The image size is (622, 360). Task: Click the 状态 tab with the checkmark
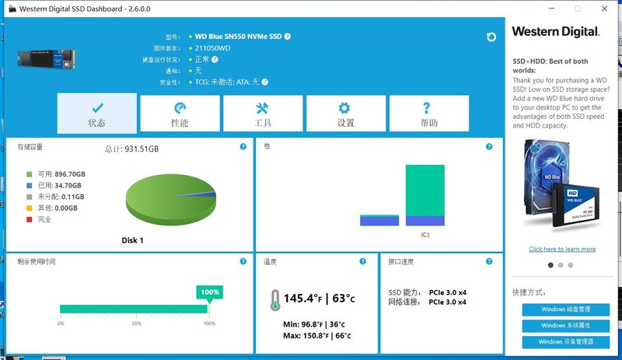coord(96,114)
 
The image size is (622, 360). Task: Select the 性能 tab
coord(180,114)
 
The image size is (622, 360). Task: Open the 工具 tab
coord(263,114)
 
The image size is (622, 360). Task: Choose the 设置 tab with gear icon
coord(346,114)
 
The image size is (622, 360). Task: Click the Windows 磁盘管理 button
coord(566,309)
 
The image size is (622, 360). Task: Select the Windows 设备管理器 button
coord(566,341)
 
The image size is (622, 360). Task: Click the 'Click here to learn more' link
coord(562,249)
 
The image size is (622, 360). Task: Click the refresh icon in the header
coord(491,37)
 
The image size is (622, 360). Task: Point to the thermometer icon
coord(274,299)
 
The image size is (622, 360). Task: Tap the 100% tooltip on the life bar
coord(210,292)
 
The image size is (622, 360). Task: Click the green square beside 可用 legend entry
coord(30,174)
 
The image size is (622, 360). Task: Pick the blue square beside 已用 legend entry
coord(30,186)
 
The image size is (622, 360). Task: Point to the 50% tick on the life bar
coord(136,323)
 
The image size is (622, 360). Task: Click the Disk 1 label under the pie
coord(132,240)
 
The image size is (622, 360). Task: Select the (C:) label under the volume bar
coord(425,234)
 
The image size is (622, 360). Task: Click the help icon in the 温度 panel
coord(362,262)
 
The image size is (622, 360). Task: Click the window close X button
coord(603,9)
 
